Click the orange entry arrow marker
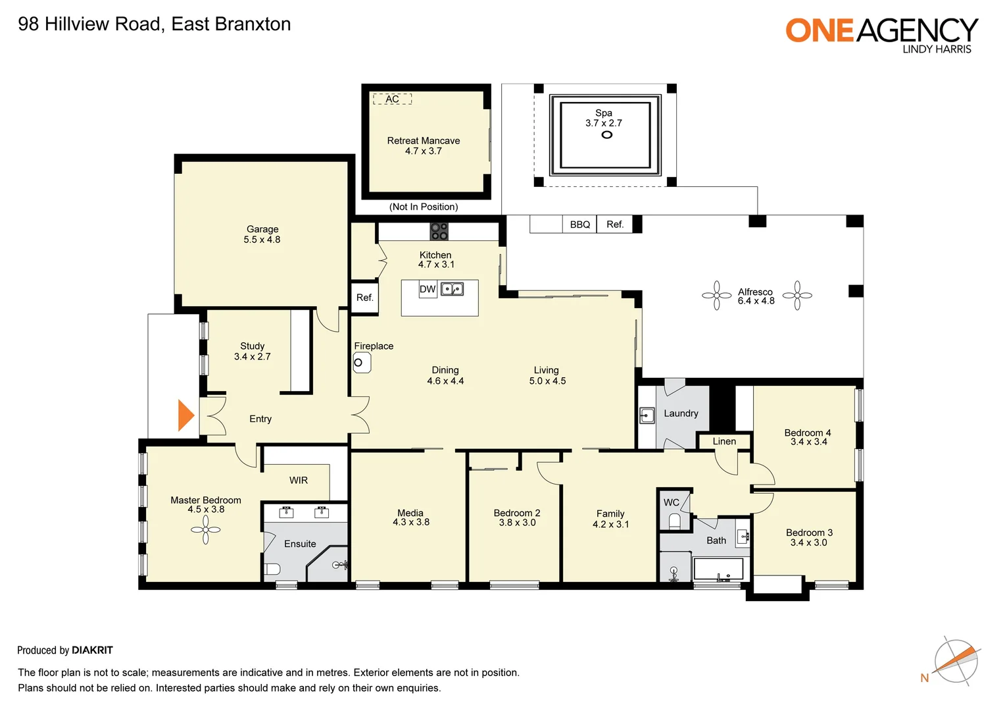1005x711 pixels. click(186, 415)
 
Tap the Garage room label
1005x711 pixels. click(262, 229)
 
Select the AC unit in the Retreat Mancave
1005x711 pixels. click(392, 99)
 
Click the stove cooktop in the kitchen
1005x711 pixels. click(439, 232)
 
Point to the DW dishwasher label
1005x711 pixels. click(428, 289)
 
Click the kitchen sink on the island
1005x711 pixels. click(452, 289)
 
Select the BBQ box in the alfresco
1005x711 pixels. click(579, 224)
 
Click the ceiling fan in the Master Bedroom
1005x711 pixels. click(206, 529)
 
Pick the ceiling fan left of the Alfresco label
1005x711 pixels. click(717, 296)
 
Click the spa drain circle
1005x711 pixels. click(607, 135)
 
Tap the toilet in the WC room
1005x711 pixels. click(674, 521)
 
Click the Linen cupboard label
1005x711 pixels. click(724, 441)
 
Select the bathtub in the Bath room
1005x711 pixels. click(718, 569)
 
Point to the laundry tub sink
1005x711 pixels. click(647, 415)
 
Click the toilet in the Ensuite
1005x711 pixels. click(272, 569)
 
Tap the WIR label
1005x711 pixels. click(299, 481)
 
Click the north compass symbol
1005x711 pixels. click(956, 661)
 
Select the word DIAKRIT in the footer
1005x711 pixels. click(92, 650)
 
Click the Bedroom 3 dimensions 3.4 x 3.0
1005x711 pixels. click(808, 542)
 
